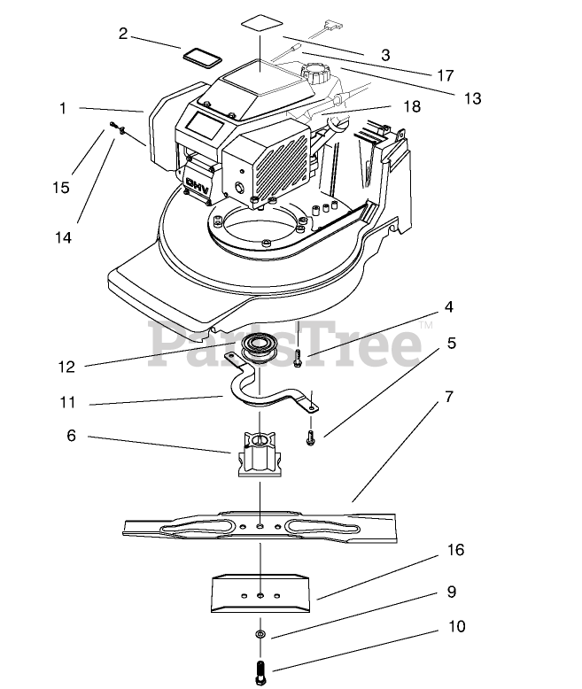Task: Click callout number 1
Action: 63,108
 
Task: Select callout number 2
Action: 123,34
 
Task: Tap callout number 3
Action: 385,55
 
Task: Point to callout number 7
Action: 449,398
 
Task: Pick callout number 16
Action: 455,550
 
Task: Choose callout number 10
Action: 456,627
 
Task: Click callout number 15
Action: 60,187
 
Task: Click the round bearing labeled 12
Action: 261,345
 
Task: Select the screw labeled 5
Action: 310,436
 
